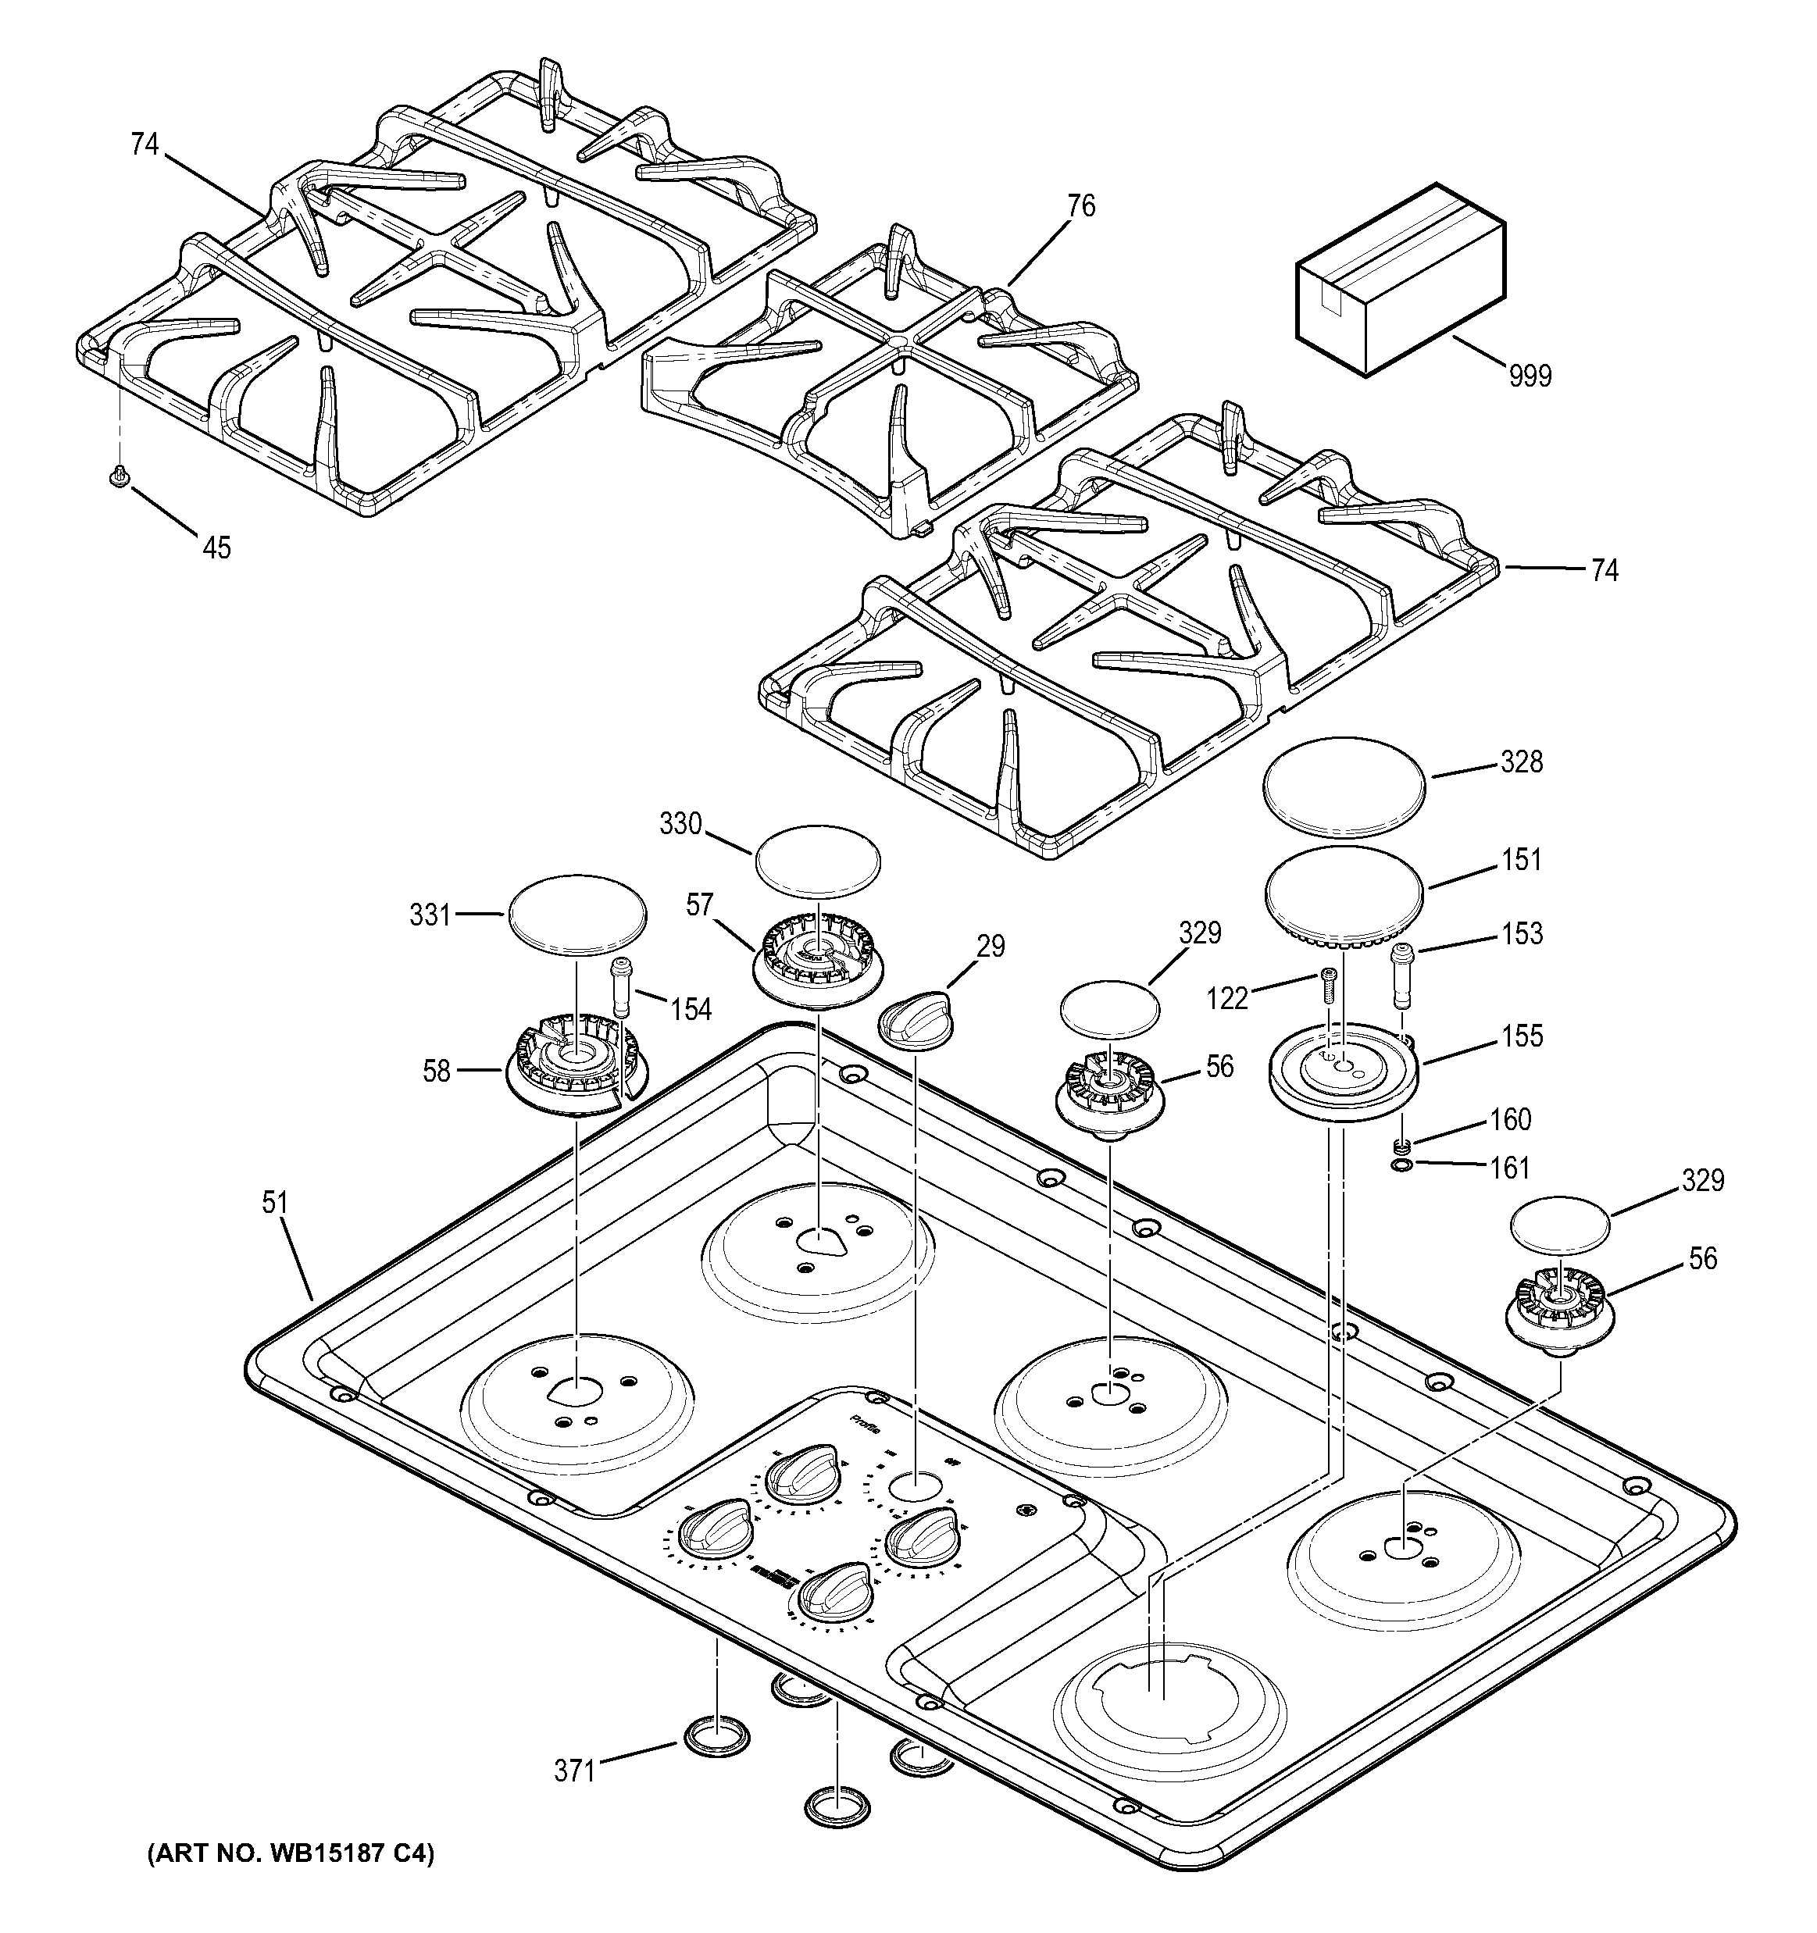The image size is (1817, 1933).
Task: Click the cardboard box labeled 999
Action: click(1401, 280)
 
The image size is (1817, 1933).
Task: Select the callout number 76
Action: click(1080, 206)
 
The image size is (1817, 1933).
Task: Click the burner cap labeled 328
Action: click(1344, 786)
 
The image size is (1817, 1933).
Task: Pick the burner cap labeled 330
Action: click(817, 860)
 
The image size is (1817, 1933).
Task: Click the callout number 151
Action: click(1521, 860)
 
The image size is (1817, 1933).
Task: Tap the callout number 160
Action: click(1510, 1119)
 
